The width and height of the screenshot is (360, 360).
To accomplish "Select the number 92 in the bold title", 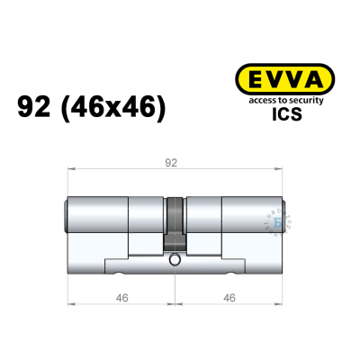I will (x=35, y=108).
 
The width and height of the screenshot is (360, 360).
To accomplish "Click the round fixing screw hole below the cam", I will (x=175, y=261).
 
